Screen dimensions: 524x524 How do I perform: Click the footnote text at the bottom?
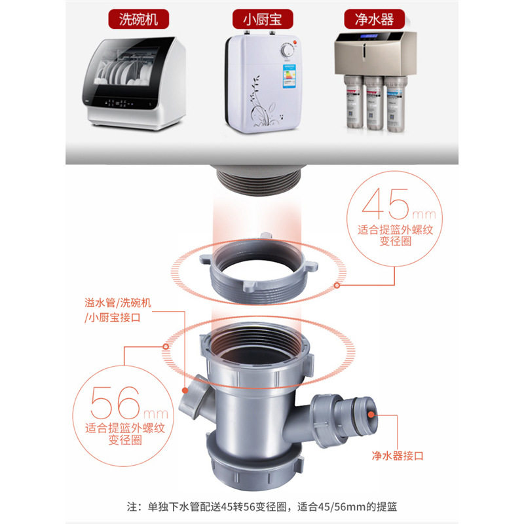coord(262,506)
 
